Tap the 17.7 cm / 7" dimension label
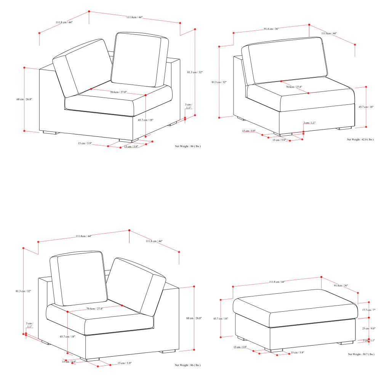point(369,310)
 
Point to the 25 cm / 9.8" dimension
point(369,328)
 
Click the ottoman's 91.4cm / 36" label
point(341,285)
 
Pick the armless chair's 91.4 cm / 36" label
point(271,29)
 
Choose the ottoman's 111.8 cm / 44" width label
point(277,282)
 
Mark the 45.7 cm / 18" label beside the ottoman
point(221,319)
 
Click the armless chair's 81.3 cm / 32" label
point(219,82)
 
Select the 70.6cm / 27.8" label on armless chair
point(294,87)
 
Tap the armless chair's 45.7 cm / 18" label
point(366,107)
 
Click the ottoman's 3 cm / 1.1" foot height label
point(369,340)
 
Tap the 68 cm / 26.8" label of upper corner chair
point(24,99)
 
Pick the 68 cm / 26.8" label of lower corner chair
point(194,318)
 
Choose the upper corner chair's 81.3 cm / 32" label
point(195,72)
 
